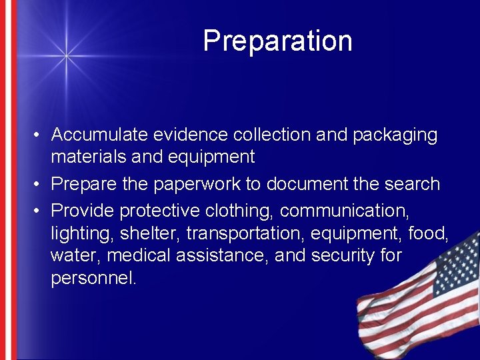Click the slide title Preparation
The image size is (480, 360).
(x=277, y=41)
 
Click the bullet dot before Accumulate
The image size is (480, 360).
(x=40, y=135)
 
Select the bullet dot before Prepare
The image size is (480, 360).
(x=40, y=184)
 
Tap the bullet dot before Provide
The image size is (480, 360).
(x=40, y=211)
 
